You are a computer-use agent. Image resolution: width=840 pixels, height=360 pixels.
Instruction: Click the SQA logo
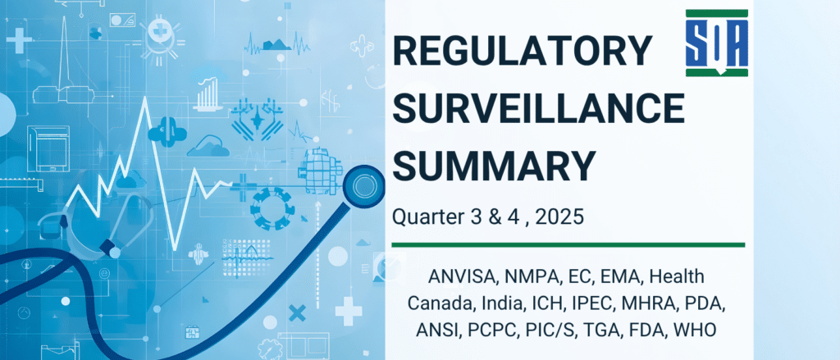click(716, 43)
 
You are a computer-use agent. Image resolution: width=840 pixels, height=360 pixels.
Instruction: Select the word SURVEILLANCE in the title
click(538, 110)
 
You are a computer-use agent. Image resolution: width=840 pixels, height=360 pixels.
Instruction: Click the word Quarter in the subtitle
click(426, 218)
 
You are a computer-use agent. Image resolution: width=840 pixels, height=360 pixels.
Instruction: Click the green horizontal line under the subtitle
click(568, 244)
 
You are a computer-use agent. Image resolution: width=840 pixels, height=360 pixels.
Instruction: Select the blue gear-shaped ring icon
click(272, 206)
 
